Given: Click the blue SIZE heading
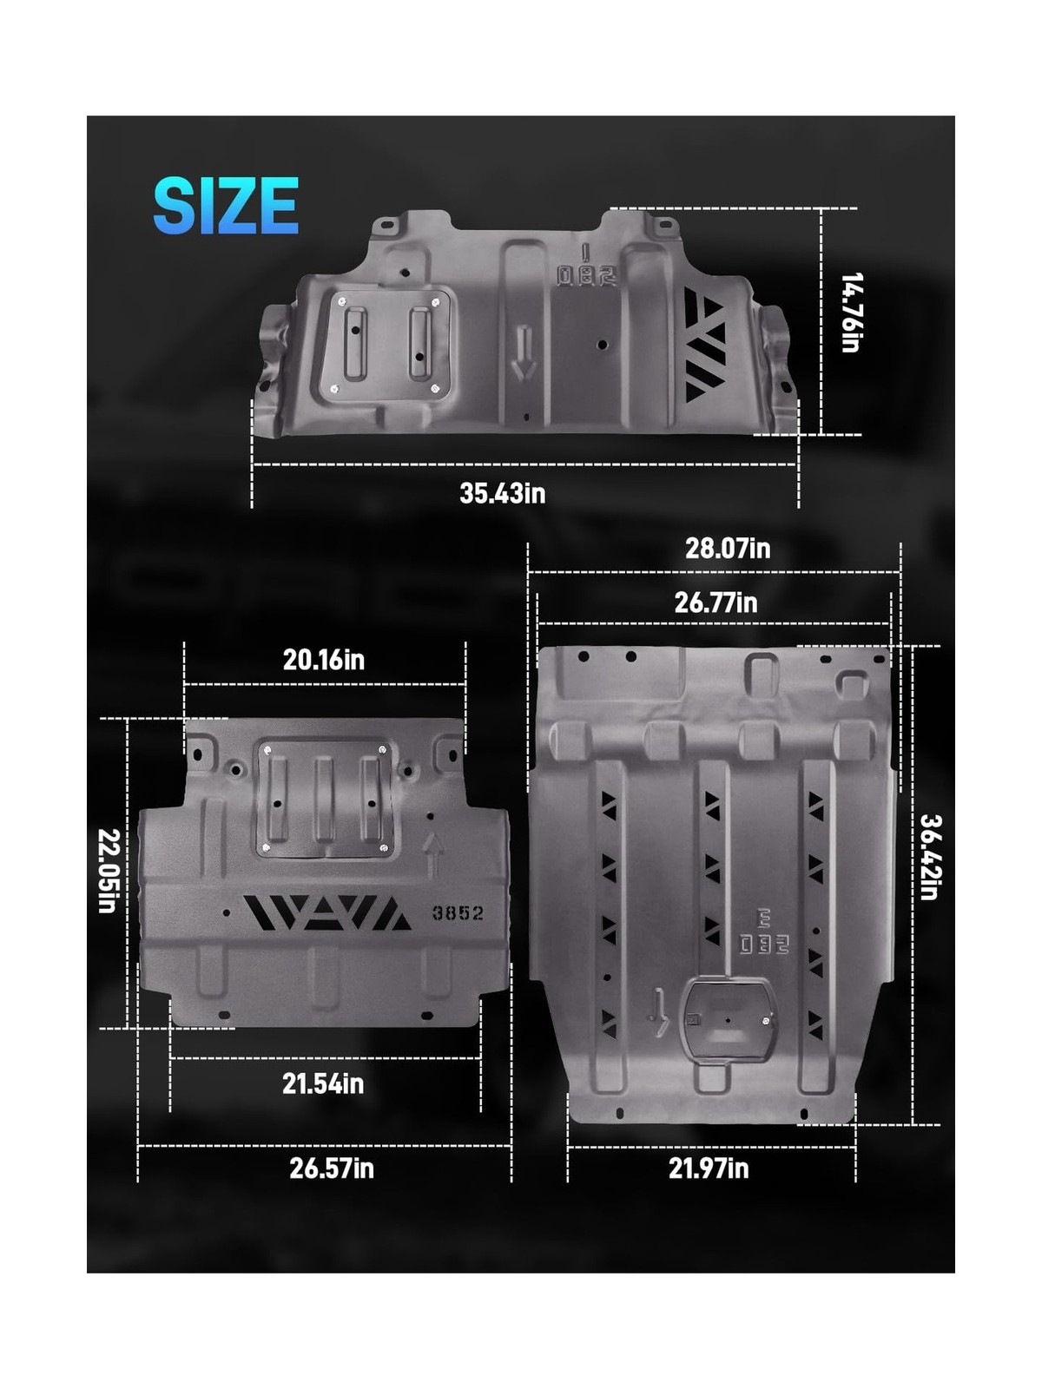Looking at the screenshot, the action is pyautogui.click(x=226, y=206).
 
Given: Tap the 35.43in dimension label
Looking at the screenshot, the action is pyautogui.click(x=503, y=493).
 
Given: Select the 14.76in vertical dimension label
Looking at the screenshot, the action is pyautogui.click(x=851, y=313).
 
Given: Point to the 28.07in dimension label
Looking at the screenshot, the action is pyautogui.click(x=728, y=548).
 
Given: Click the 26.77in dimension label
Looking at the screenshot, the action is pyautogui.click(x=716, y=602).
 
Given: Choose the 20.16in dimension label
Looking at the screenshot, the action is pyautogui.click(x=323, y=660).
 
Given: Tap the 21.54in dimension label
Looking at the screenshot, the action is pyautogui.click(x=323, y=1083).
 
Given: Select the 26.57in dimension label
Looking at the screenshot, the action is pyautogui.click(x=332, y=1168).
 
